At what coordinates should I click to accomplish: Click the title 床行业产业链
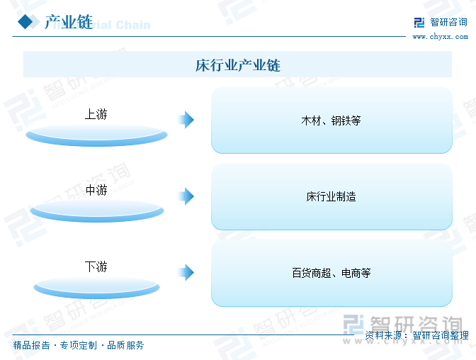(x=238, y=65)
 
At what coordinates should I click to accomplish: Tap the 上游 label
(x=96, y=114)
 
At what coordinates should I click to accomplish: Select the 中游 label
(x=96, y=190)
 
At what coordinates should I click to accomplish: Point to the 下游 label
(x=96, y=266)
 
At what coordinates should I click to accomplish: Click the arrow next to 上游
(x=186, y=120)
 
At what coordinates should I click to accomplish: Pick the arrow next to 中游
(x=186, y=196)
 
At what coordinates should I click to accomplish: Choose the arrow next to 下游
(x=186, y=273)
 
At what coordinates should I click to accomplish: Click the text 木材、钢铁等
(x=331, y=120)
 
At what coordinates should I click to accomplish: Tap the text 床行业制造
(x=331, y=196)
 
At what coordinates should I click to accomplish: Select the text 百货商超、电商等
(x=331, y=273)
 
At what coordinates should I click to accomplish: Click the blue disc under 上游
(x=96, y=135)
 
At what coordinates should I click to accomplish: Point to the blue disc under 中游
(x=97, y=211)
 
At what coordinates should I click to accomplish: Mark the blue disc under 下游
(x=96, y=288)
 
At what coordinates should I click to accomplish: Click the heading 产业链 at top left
(x=69, y=22)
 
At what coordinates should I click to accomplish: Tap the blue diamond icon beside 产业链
(x=25, y=22)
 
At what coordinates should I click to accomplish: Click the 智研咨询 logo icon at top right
(x=419, y=22)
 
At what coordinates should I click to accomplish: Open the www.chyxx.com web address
(x=440, y=37)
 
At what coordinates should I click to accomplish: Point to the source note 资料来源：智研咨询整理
(x=416, y=335)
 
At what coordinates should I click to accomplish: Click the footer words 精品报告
(x=32, y=345)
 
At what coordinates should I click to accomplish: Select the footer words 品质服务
(x=125, y=345)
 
